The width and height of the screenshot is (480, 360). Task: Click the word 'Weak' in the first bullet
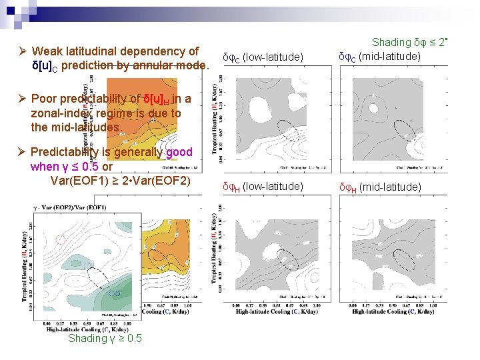[x=46, y=51]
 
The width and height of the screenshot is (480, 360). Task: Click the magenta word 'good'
[x=179, y=151]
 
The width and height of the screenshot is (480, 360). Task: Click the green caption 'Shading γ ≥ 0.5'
[x=105, y=339]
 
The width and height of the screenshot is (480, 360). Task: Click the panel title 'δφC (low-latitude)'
[x=263, y=58]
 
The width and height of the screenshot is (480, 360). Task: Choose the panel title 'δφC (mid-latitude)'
[x=379, y=57]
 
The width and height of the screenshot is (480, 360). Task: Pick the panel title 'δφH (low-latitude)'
[x=263, y=186]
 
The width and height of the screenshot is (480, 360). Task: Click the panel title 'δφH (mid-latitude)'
[x=380, y=187]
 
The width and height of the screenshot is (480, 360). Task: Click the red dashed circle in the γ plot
[x=61, y=239]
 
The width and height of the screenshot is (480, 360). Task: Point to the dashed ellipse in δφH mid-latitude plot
[x=403, y=256]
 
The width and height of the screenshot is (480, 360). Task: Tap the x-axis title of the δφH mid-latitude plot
[x=389, y=311]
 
